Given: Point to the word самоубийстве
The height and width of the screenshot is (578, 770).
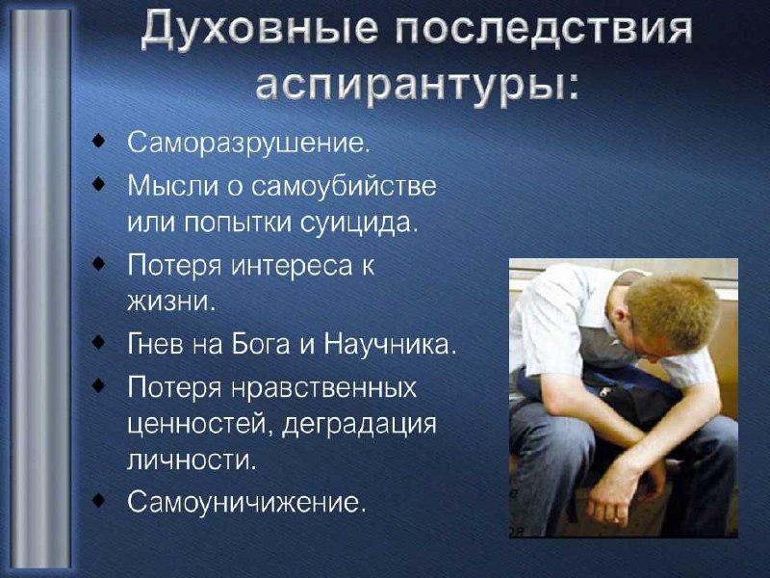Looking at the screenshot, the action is click(345, 186).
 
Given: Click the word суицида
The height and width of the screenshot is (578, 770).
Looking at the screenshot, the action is click(358, 224).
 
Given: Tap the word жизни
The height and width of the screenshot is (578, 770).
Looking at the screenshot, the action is click(171, 301).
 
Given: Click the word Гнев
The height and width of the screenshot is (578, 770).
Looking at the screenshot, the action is click(156, 345).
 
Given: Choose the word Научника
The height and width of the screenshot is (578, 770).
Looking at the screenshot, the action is click(390, 345).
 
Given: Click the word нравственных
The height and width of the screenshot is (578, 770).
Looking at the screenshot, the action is click(324, 388).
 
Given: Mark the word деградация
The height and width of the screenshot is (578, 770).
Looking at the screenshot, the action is click(359, 425).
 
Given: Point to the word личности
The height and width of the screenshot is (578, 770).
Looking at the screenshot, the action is click(192, 460).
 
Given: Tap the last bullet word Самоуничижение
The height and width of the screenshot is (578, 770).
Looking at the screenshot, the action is click(246, 502).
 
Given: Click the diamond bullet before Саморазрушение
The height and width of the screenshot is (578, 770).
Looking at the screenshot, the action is click(99, 143).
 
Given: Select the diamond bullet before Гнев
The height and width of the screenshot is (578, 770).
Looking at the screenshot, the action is click(99, 342).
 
